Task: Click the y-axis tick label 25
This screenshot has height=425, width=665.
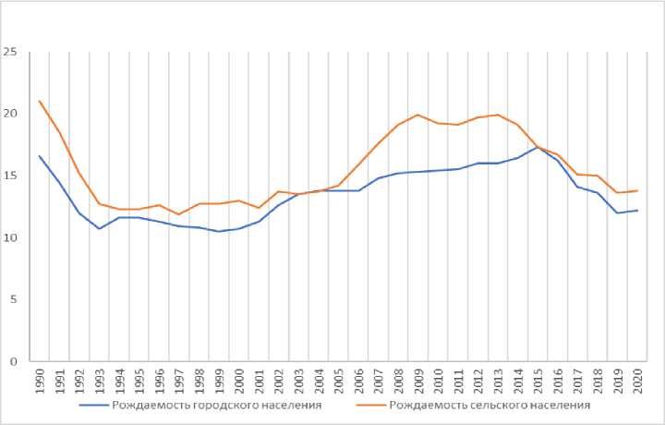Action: point(11,52)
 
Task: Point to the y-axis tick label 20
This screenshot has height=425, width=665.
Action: point(11,114)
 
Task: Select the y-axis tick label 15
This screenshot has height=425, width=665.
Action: point(11,176)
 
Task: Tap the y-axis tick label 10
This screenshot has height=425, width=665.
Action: point(11,237)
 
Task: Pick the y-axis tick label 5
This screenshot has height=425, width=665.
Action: point(14,299)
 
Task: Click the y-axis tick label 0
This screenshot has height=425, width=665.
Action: point(14,361)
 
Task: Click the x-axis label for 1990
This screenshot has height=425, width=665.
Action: point(40,382)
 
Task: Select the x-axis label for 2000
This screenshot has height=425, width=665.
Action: point(239,382)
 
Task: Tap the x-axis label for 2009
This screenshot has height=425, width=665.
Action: point(418,382)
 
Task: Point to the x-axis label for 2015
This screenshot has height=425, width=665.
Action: point(538,382)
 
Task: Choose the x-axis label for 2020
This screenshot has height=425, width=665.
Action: point(637,382)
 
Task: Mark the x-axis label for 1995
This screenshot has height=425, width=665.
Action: point(139,382)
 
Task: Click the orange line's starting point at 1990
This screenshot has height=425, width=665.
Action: point(40,101)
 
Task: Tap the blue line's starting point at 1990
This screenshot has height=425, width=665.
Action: point(40,155)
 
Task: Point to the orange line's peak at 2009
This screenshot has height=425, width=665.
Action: point(418,115)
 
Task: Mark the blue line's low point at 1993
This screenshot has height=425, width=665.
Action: point(100,228)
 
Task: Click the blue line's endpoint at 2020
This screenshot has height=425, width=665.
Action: point(637,211)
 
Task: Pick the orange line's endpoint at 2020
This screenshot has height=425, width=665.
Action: point(637,190)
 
